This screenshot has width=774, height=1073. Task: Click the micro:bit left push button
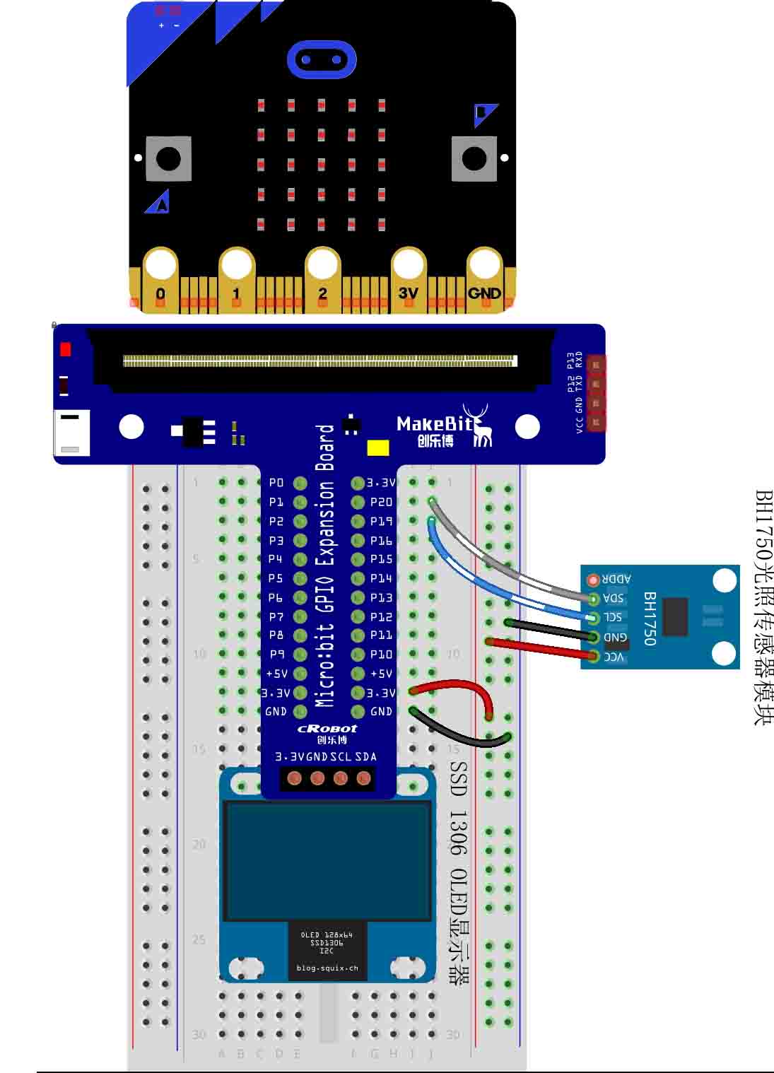(168, 158)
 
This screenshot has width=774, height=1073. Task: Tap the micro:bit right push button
(474, 158)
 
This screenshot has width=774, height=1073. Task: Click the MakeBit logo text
(433, 423)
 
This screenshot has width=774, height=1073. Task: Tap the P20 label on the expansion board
(381, 502)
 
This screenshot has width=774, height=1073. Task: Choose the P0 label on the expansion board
(276, 483)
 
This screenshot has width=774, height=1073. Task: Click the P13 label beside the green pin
(381, 598)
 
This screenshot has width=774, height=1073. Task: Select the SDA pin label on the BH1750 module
(614, 599)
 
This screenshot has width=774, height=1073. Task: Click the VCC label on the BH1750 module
(614, 657)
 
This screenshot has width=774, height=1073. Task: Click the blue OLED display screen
(328, 860)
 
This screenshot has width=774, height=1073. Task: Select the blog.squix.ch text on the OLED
(327, 968)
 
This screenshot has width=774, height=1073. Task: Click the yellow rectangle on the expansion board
(378, 448)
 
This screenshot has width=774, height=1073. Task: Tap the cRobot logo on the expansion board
(327, 729)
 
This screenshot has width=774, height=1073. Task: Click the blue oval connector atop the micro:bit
(321, 59)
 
